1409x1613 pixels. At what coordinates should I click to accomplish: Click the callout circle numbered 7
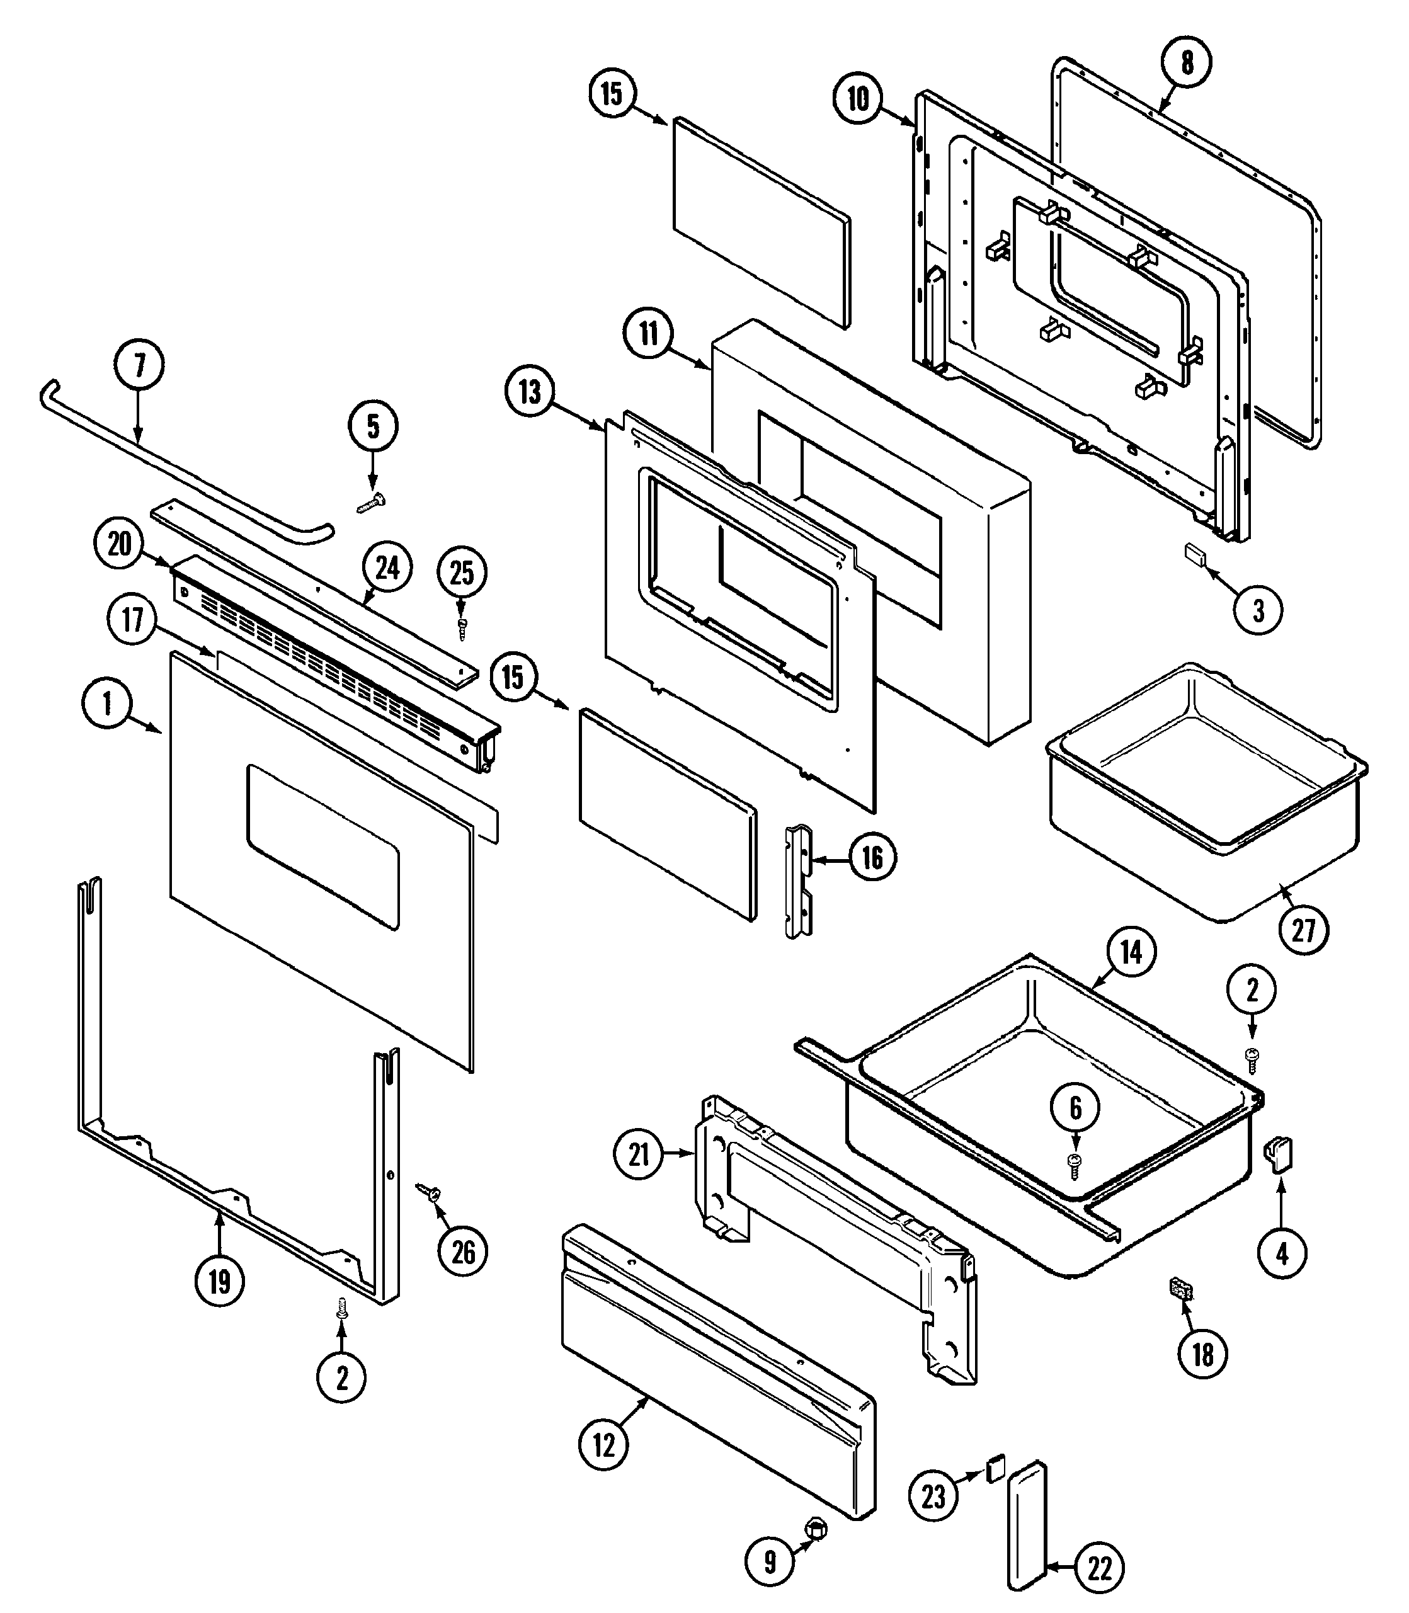pos(139,365)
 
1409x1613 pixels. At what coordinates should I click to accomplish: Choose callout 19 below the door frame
pos(219,1282)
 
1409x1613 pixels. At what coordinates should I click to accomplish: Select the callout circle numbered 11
pos(649,334)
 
